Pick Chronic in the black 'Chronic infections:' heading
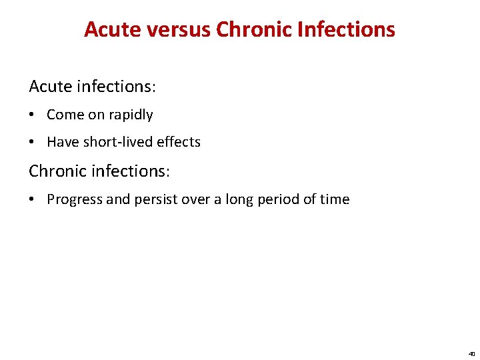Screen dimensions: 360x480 pos(57,171)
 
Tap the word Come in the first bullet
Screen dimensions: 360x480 pos(65,115)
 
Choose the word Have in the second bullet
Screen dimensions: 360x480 pos(62,142)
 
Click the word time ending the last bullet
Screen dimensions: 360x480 pos(335,199)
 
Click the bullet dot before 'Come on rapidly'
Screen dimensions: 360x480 pos(33,115)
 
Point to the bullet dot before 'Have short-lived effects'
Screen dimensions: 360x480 pos(33,143)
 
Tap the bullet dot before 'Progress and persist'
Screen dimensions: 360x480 pos(33,200)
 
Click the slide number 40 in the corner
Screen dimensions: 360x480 pos(471,354)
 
